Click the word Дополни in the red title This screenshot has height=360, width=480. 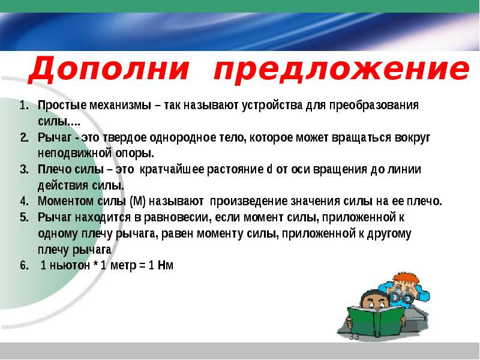109,69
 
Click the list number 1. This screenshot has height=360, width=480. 24,106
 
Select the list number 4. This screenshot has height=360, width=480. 24,202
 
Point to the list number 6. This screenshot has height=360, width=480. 24,265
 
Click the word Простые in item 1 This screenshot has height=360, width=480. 62,106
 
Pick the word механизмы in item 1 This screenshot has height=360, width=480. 121,106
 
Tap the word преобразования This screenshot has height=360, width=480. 374,106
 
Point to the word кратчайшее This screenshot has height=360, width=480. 172,169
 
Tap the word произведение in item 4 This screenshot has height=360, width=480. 248,202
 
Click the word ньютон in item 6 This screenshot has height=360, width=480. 70,265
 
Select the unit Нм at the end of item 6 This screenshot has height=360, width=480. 166,265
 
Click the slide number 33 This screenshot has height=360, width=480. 354,337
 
